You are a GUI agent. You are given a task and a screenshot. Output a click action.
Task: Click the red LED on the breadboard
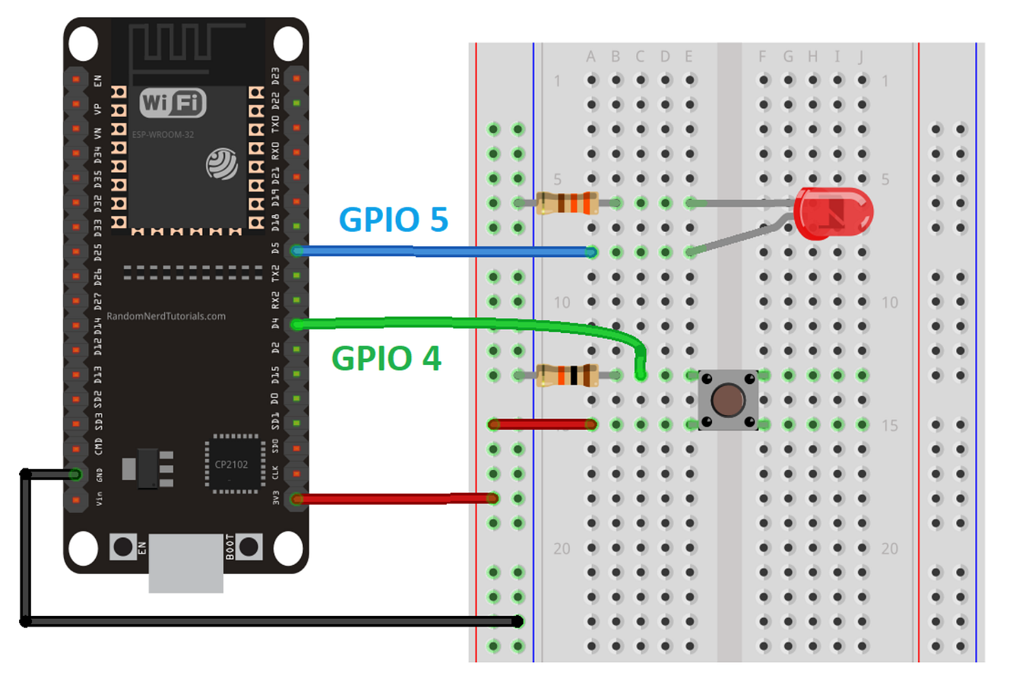click(833, 212)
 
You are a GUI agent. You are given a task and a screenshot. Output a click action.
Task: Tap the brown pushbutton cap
click(728, 400)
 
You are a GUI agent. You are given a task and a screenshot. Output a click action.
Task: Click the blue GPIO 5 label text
click(393, 219)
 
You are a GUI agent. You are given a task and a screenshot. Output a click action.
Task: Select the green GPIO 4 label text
click(386, 358)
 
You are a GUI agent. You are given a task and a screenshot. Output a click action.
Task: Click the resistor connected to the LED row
click(567, 203)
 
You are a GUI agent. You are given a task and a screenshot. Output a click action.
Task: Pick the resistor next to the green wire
click(567, 375)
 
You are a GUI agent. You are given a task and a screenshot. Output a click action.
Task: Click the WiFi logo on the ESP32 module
click(173, 103)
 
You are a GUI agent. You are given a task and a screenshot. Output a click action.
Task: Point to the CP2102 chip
click(231, 465)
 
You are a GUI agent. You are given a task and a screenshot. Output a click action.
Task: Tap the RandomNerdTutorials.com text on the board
click(166, 316)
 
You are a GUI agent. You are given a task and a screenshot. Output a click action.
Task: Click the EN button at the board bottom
click(123, 546)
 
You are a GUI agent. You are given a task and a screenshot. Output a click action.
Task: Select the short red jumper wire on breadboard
click(543, 424)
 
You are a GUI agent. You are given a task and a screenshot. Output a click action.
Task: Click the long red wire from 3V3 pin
click(395, 499)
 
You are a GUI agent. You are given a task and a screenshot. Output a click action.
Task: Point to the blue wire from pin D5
click(445, 252)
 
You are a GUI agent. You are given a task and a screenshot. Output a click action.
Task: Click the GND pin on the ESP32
click(76, 474)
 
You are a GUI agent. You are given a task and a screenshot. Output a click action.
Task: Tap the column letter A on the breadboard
click(590, 57)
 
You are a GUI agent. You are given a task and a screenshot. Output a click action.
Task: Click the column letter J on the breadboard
click(861, 57)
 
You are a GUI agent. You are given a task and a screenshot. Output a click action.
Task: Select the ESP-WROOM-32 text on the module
click(163, 135)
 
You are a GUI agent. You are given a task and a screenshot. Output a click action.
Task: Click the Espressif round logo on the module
click(222, 164)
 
